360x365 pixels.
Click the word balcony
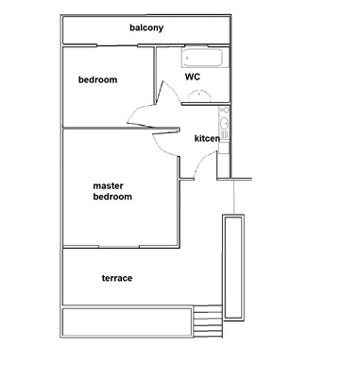pyautogui.click(x=146, y=27)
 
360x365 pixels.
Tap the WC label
pyautogui.click(x=193, y=77)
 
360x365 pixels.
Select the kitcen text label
pyautogui.click(x=207, y=138)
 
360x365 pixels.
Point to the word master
pyautogui.click(x=108, y=186)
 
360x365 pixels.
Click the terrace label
pyautogui.click(x=117, y=278)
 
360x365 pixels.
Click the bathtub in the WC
pyautogui.click(x=202, y=58)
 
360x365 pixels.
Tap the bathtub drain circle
pyautogui.click(x=187, y=58)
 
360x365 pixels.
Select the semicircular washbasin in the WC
pyautogui.click(x=199, y=96)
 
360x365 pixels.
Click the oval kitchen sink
pyautogui.click(x=225, y=123)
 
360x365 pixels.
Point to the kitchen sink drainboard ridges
pyautogui.click(x=225, y=135)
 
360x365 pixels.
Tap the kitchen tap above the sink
pyautogui.click(x=225, y=110)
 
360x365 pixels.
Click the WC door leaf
pyautogui.click(x=160, y=94)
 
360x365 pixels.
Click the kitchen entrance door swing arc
pyautogui.click(x=203, y=162)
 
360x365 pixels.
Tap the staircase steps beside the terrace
pyautogui.click(x=208, y=322)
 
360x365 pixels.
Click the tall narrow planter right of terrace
pyautogui.click(x=233, y=267)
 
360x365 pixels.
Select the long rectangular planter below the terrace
pyautogui.click(x=127, y=322)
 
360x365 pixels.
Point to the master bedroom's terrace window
pyautogui.click(x=119, y=247)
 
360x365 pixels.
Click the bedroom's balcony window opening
pyautogui.click(x=117, y=45)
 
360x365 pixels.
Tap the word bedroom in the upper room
pyautogui.click(x=97, y=79)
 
